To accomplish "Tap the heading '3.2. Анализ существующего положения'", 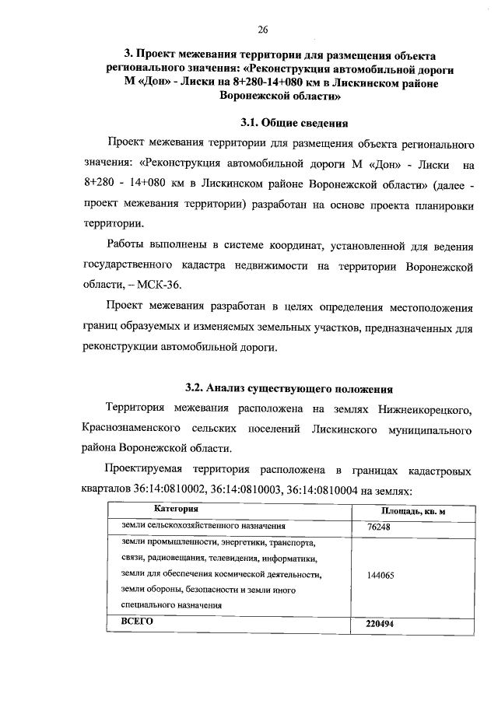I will click(289, 387).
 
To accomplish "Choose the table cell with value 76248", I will click(378, 527).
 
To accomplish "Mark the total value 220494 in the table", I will click(381, 625).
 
